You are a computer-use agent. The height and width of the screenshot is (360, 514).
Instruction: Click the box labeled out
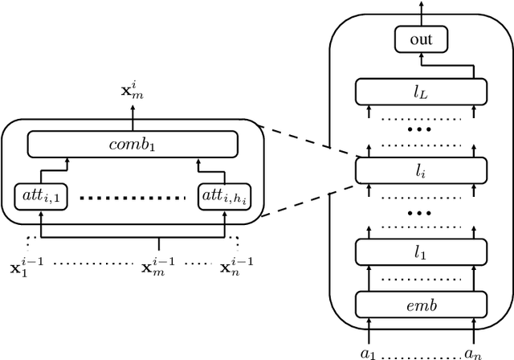(x=421, y=39)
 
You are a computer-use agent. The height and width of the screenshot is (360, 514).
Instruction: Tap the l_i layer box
(x=421, y=170)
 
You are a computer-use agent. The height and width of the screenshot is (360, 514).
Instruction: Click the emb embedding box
(x=421, y=305)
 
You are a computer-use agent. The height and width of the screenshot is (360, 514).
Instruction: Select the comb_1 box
(x=133, y=145)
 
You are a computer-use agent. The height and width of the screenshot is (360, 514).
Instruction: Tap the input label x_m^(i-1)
(x=158, y=264)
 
